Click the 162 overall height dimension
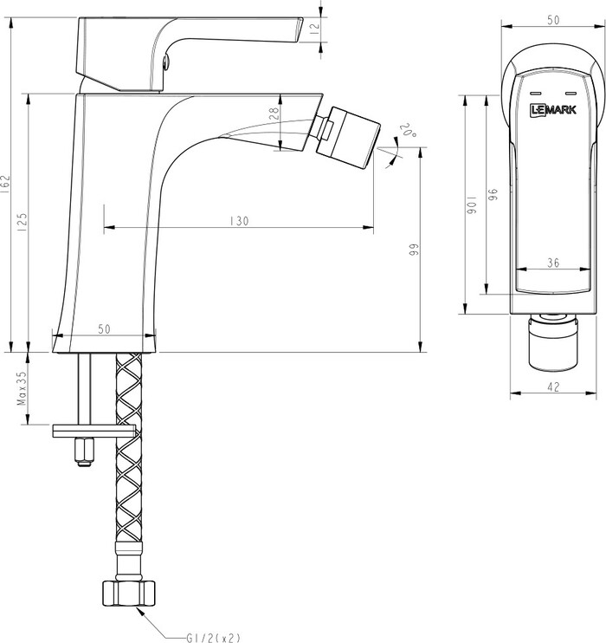(5, 184)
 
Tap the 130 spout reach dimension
(239, 221)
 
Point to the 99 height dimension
(414, 250)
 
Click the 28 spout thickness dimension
(274, 114)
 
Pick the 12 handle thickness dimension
(314, 29)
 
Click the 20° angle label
(408, 130)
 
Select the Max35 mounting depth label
(22, 388)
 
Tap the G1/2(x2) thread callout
(213, 638)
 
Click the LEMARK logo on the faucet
(553, 110)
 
